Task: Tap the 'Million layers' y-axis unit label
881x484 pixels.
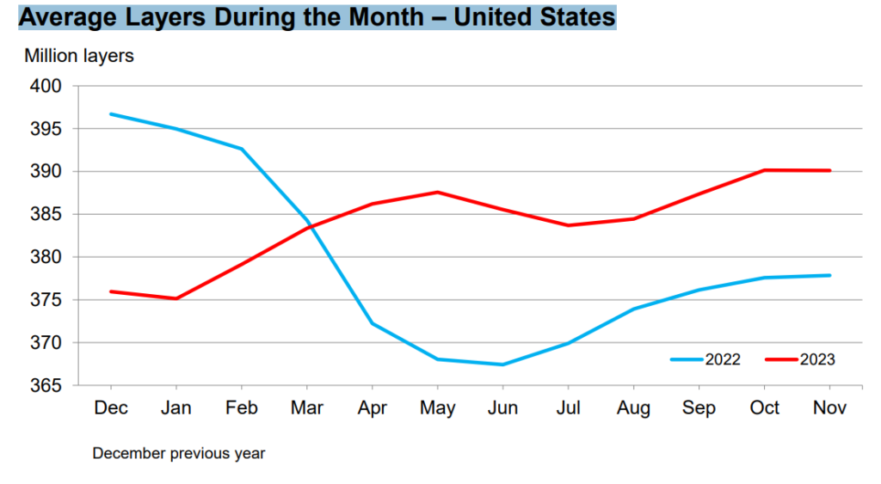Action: point(79,57)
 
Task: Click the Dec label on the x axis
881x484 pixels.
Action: point(110,408)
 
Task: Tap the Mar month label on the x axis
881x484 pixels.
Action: point(306,408)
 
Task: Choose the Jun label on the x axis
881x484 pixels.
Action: point(502,408)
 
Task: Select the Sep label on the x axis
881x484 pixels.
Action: point(699,408)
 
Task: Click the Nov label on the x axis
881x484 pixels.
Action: point(829,408)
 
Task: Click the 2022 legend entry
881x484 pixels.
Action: point(705,359)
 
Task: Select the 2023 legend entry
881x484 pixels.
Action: point(800,359)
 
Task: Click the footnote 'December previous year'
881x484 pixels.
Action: point(179,453)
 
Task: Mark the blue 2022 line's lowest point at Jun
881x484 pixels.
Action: point(502,365)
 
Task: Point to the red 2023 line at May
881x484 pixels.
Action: point(437,192)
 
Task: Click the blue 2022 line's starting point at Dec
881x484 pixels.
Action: point(110,114)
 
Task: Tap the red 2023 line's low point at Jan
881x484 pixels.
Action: point(176,298)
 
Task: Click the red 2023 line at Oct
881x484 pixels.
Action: point(764,170)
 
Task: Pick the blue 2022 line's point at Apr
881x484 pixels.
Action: point(372,323)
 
